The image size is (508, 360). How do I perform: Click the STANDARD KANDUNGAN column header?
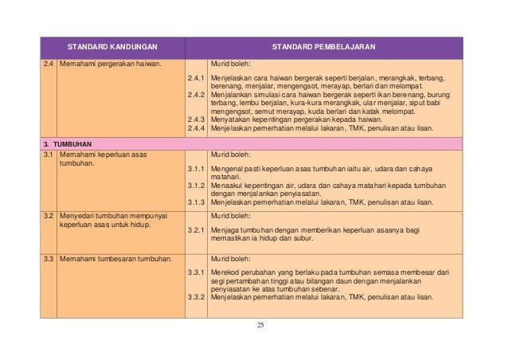[x=111, y=48]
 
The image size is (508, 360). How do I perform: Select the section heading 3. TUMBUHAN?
[x=68, y=143]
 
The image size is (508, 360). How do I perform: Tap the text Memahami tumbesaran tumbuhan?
[x=115, y=258]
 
